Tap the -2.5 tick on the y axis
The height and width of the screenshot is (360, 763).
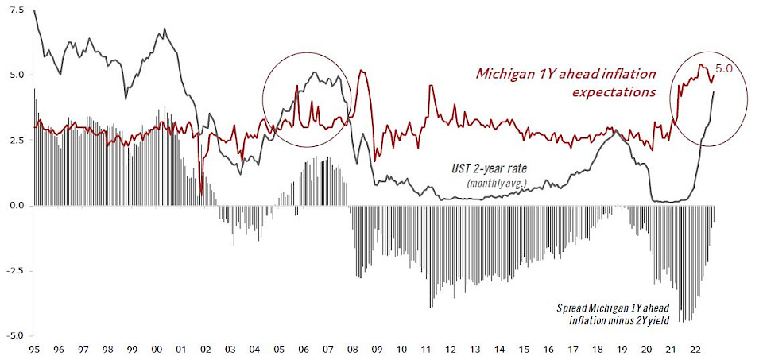(x=14, y=270)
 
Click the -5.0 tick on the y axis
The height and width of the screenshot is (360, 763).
(x=14, y=335)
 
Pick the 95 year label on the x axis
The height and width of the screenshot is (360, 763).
(x=34, y=350)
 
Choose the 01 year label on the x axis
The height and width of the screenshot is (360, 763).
(x=180, y=350)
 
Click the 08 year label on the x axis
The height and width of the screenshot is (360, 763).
(x=352, y=350)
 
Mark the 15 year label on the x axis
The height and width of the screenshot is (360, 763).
(x=523, y=350)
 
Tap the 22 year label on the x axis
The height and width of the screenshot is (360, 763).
(x=694, y=350)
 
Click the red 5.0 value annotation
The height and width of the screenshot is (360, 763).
(x=724, y=68)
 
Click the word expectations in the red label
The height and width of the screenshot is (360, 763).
(x=614, y=91)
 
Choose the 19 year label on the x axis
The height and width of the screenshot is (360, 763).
(x=621, y=350)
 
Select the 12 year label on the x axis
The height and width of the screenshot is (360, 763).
(x=450, y=350)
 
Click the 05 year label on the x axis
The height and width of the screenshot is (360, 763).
(x=278, y=350)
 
